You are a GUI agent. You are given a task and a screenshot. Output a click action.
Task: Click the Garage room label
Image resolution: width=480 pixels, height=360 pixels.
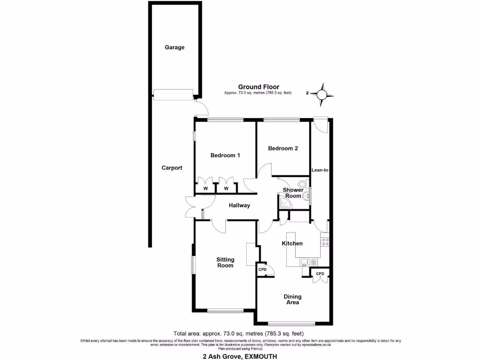[x=174, y=47]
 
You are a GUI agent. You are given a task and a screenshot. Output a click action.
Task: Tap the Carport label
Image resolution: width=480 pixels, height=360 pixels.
[x=172, y=168]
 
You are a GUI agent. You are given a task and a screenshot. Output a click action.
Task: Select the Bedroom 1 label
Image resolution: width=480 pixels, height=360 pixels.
[x=225, y=155]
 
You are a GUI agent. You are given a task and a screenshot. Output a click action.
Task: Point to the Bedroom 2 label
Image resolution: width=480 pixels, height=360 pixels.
[x=283, y=149]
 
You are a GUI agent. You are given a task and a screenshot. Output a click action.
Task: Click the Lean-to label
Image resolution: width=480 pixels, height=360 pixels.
[x=320, y=170]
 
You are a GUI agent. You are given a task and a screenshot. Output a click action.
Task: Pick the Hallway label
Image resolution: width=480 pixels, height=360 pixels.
[x=239, y=205]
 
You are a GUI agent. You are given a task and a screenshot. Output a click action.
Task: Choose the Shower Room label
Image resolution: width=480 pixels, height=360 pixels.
[x=293, y=193]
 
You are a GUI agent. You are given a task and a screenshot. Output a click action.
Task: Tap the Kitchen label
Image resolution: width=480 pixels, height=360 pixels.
[x=292, y=243]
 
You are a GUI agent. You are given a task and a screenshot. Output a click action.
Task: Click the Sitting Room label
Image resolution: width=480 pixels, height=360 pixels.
[x=225, y=262]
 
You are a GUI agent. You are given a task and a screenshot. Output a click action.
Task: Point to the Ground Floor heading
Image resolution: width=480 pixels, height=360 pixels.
[x=258, y=87]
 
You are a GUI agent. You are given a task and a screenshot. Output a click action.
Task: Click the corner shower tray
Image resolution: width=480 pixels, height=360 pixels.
[x=284, y=202]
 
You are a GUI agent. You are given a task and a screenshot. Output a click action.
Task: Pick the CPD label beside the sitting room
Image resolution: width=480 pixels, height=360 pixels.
[x=262, y=270]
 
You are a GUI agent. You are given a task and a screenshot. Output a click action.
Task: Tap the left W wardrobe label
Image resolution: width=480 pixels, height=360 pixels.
[x=205, y=188]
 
